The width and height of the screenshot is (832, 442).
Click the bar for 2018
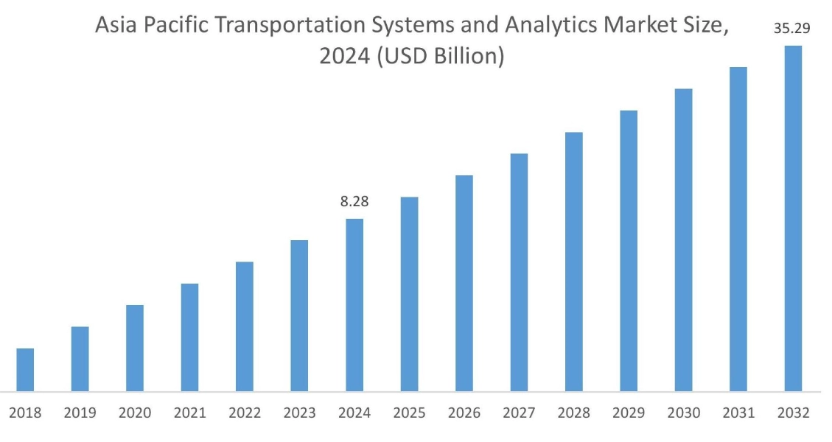pyautogui.click(x=25, y=369)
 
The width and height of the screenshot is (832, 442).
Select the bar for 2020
pyautogui.click(x=135, y=348)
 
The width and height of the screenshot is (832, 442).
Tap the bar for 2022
pyautogui.click(x=245, y=326)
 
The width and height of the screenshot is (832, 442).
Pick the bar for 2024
pyautogui.click(x=354, y=304)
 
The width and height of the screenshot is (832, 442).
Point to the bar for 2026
pyautogui.click(x=464, y=283)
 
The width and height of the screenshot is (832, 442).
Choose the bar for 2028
pyautogui.click(x=574, y=262)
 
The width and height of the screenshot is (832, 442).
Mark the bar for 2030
pyautogui.click(x=683, y=239)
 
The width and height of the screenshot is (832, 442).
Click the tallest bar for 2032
pyautogui.click(x=793, y=218)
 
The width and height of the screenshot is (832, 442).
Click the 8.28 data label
pyautogui.click(x=354, y=202)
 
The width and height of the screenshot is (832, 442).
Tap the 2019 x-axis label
pyautogui.click(x=80, y=413)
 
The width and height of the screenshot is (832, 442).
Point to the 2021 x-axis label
pyautogui.click(x=189, y=413)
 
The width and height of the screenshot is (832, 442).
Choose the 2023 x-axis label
pyautogui.click(x=299, y=413)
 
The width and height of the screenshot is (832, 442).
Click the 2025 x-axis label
pyautogui.click(x=409, y=413)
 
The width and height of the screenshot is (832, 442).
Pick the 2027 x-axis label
pyautogui.click(x=519, y=413)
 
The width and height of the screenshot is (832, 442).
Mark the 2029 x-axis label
pyautogui.click(x=629, y=413)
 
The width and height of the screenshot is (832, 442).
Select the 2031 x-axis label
pyautogui.click(x=738, y=413)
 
